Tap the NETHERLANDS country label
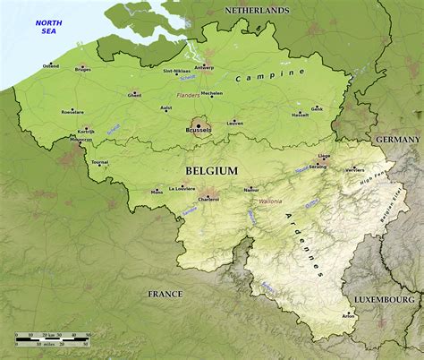(257, 11)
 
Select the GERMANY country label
(396, 141)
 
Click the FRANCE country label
(165, 294)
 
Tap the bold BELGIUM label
(211, 170)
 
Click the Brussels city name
(198, 131)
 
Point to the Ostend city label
(51, 66)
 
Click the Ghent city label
(135, 95)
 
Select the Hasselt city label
(301, 115)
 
